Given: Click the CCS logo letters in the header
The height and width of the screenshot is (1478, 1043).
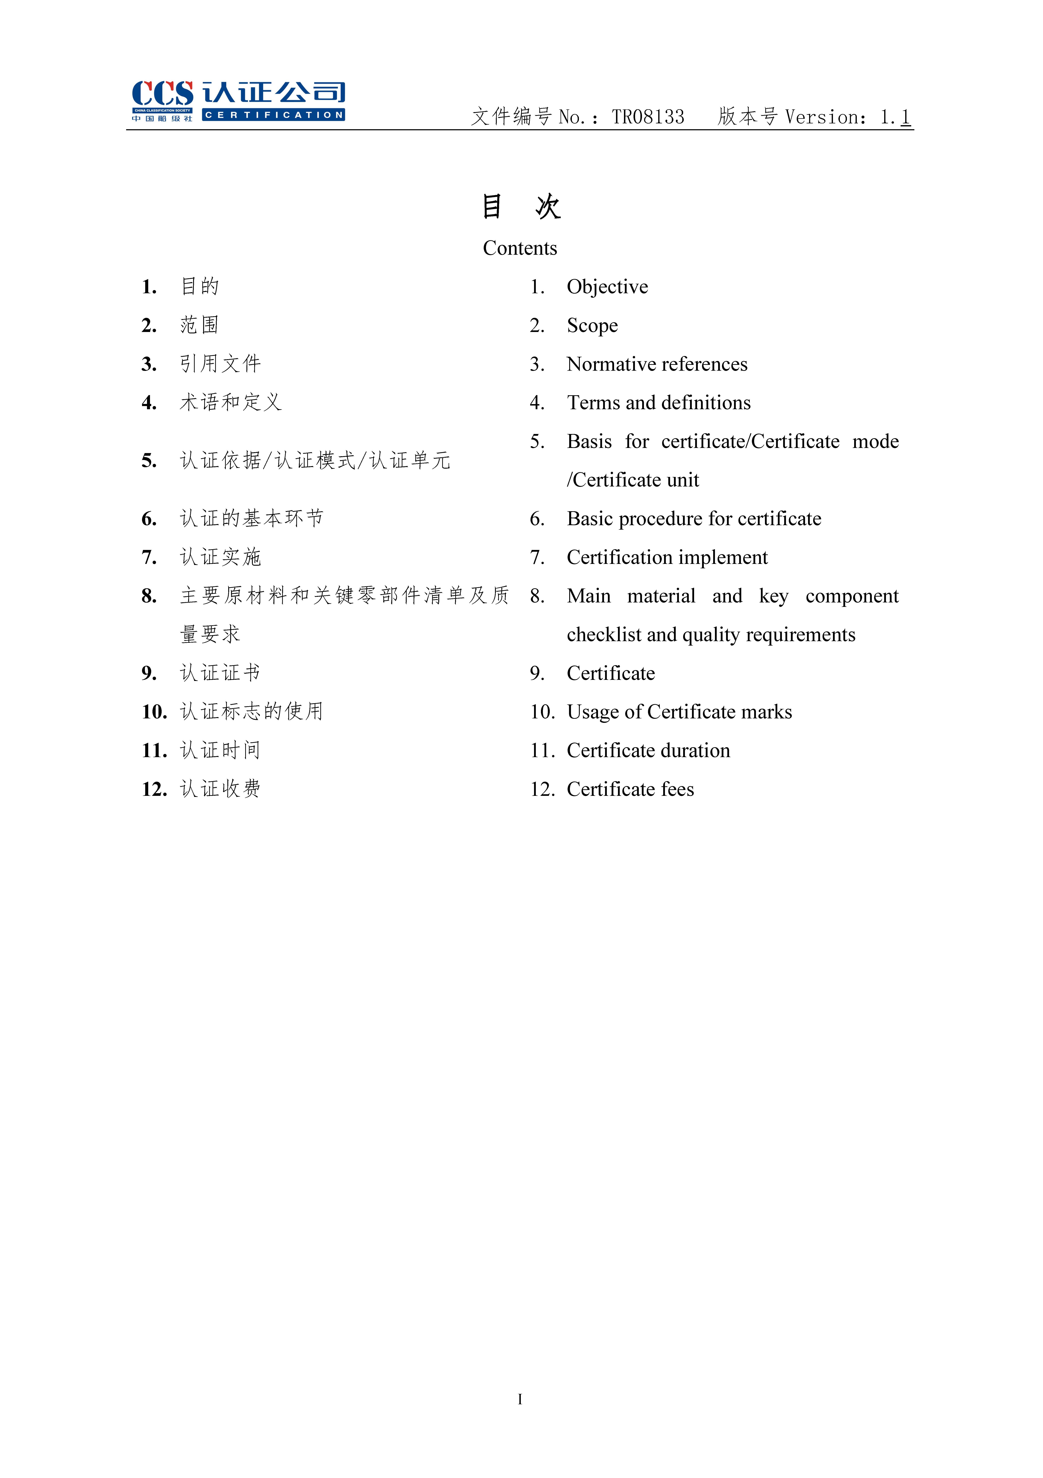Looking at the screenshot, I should pyautogui.click(x=162, y=94).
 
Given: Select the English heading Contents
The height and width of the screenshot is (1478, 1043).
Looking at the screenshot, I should pyautogui.click(x=520, y=249).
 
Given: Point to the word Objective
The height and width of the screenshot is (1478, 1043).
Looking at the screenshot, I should pyautogui.click(x=607, y=287).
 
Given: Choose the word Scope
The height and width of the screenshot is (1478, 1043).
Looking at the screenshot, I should pyautogui.click(x=592, y=326).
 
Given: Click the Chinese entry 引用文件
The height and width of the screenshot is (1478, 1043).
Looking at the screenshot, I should pyautogui.click(x=220, y=364).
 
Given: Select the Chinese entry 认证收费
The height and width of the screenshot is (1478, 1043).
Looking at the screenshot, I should pyautogui.click(x=220, y=789).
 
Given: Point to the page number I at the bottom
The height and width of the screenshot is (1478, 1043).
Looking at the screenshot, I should pyautogui.click(x=520, y=1399).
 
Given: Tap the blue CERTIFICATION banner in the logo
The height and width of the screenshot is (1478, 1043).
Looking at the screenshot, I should pyautogui.click(x=273, y=115).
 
